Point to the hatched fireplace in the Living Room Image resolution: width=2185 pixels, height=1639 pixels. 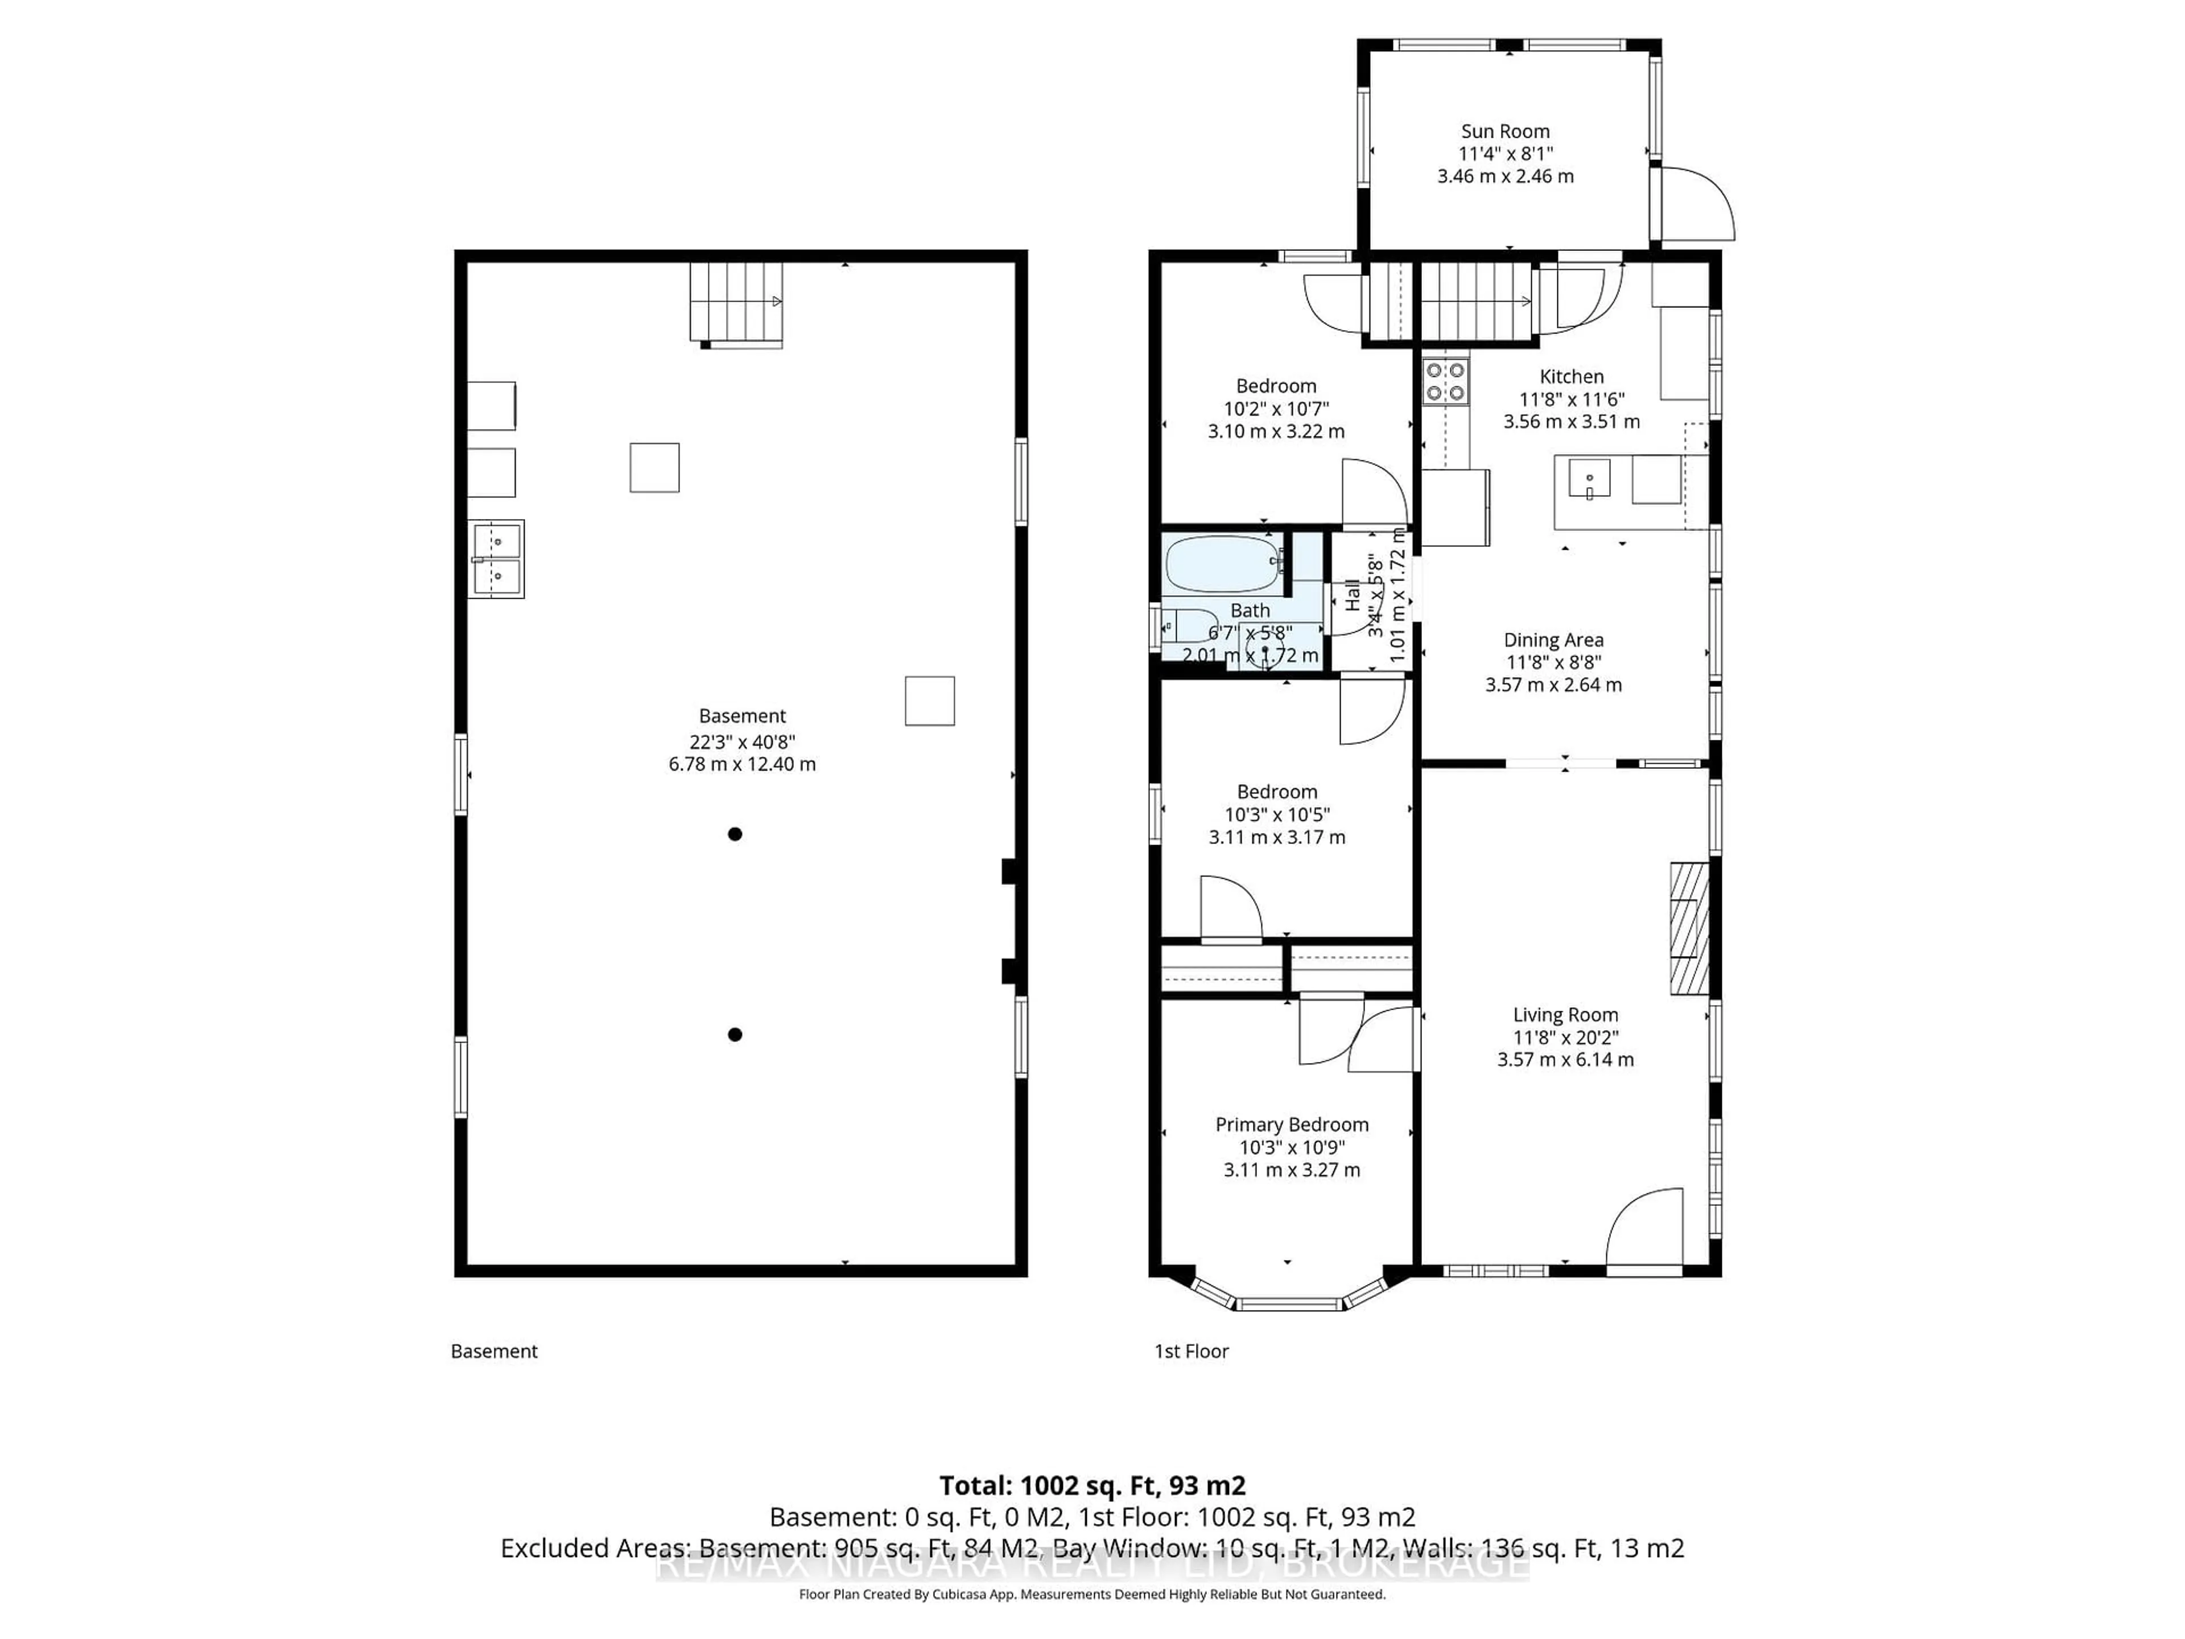point(1688,929)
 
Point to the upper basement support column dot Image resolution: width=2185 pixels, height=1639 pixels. point(735,834)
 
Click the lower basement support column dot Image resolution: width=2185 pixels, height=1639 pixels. point(735,1035)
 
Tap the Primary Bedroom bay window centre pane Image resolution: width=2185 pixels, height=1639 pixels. point(1289,1304)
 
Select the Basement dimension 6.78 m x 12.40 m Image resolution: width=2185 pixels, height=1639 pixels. point(742,764)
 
